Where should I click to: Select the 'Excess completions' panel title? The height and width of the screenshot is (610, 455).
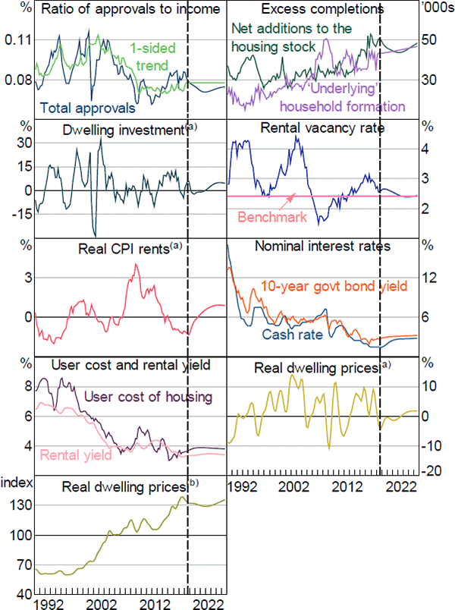coord(321,9)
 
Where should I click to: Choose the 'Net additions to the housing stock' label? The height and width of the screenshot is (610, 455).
coord(292,38)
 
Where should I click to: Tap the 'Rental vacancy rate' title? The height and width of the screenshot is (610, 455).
coord(322,128)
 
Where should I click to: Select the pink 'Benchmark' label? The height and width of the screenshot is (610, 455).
coord(272,217)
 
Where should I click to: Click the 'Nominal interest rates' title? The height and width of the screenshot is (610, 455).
coord(322,247)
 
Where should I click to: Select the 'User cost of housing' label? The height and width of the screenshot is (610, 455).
coord(147,395)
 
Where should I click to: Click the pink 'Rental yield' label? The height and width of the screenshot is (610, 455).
coord(76,455)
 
